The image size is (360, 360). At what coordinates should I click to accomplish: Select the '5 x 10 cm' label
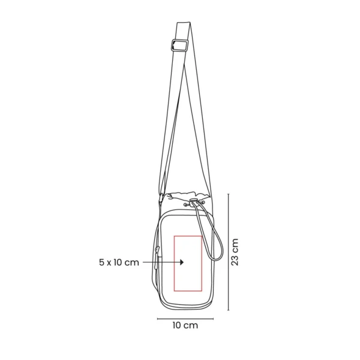click(119, 262)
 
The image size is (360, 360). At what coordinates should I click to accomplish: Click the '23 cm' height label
click(235, 252)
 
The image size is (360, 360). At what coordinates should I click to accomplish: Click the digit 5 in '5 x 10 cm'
click(101, 262)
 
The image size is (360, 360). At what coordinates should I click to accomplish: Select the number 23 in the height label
click(235, 258)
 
